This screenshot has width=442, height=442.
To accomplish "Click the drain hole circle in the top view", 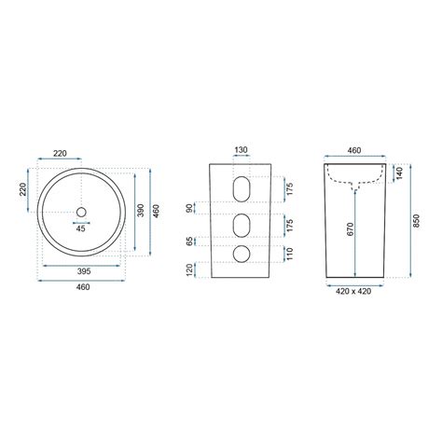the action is pyautogui.click(x=81, y=212).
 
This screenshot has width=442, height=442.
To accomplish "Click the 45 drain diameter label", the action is pyautogui.click(x=81, y=228).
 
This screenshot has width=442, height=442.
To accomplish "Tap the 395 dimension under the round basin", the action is pyautogui.click(x=84, y=271).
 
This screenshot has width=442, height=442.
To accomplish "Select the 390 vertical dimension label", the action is pyautogui.click(x=141, y=211).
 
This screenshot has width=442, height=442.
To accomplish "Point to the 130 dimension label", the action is pyautogui.click(x=241, y=150).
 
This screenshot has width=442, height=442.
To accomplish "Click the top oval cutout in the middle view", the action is pyautogui.click(x=241, y=189).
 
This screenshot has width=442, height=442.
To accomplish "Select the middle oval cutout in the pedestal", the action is pyautogui.click(x=241, y=226).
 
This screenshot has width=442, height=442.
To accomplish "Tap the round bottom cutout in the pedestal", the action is pyautogui.click(x=241, y=254).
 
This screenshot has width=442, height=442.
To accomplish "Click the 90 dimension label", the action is pyautogui.click(x=188, y=209).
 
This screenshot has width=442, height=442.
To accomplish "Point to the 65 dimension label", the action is pyautogui.click(x=189, y=242).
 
